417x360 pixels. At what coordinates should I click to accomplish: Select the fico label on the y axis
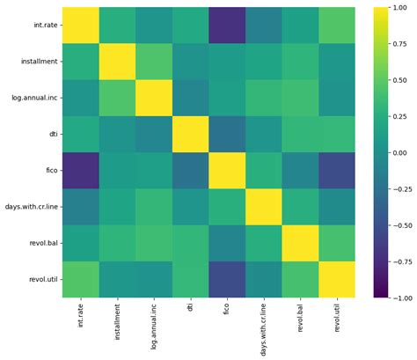48,171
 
